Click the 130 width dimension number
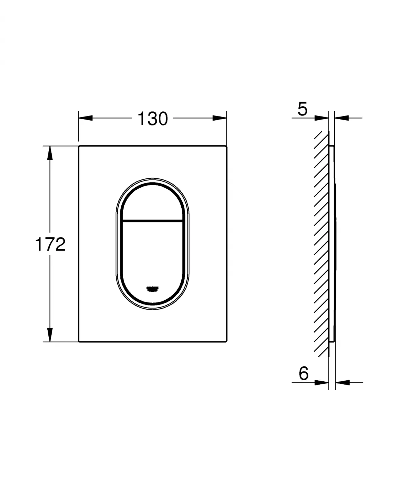click(153, 119)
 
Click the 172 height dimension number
click(50, 244)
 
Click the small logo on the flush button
click(152, 289)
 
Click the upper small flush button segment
click(152, 203)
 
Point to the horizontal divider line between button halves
click(152, 220)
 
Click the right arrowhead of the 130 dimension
click(220, 118)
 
